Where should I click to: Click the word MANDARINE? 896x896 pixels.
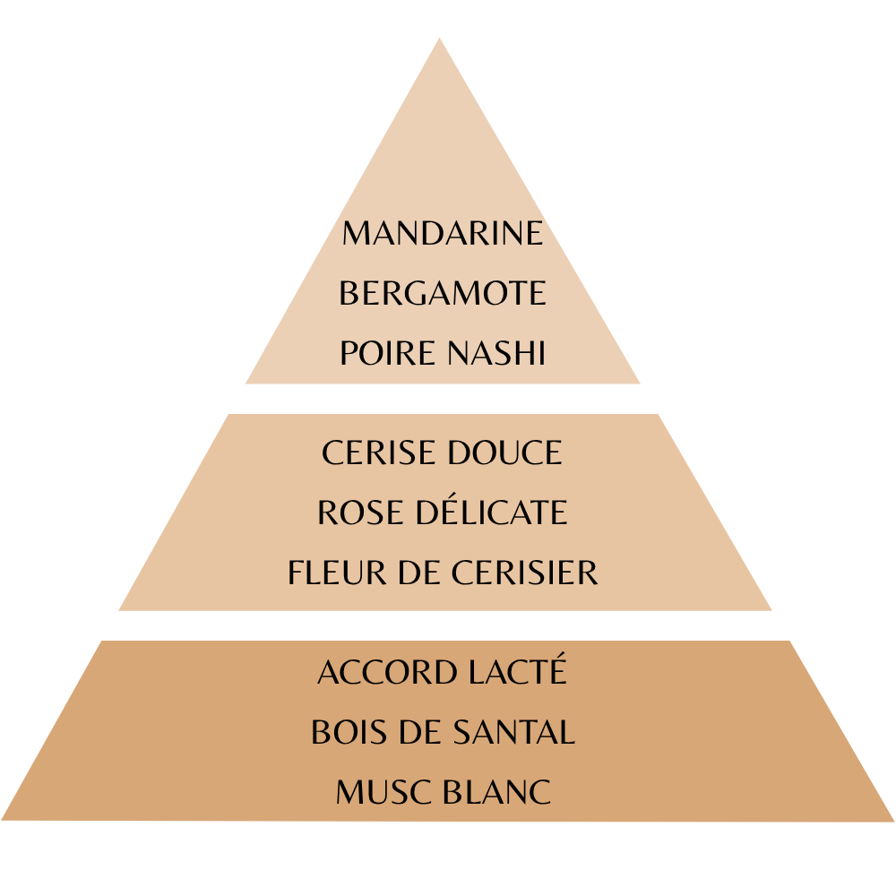click(x=443, y=233)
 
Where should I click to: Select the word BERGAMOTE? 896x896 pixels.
click(x=443, y=293)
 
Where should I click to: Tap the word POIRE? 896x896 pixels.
click(x=387, y=352)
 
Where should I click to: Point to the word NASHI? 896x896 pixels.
click(x=496, y=352)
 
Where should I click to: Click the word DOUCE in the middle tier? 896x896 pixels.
click(x=505, y=452)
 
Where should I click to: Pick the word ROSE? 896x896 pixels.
click(x=360, y=512)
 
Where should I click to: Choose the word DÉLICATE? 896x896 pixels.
click(x=491, y=510)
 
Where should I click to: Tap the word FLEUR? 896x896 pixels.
click(x=337, y=572)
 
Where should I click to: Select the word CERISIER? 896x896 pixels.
click(x=524, y=572)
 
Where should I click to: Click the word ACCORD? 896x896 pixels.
click(x=387, y=672)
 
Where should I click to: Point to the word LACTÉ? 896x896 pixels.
click(x=518, y=669)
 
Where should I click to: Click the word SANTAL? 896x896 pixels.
click(x=513, y=732)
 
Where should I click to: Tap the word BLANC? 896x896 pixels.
click(x=497, y=792)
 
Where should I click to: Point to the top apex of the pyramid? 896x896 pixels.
click(x=439, y=39)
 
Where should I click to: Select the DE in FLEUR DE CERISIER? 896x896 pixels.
click(x=418, y=572)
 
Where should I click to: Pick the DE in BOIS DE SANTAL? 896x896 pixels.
click(x=420, y=732)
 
